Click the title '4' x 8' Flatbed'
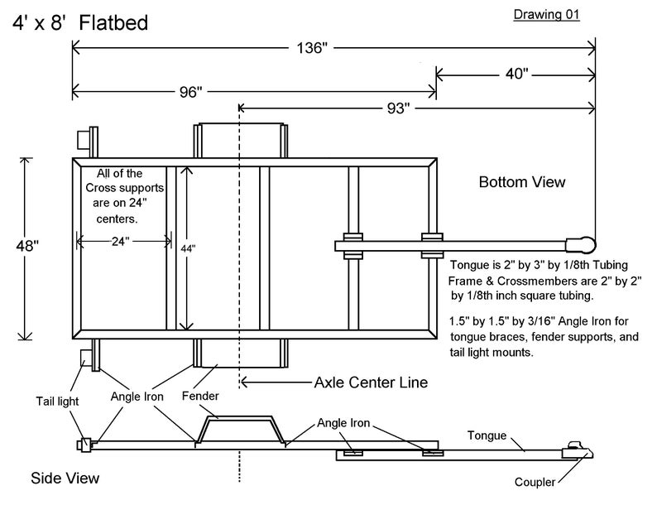tap(79, 23)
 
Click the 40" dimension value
tap(515, 75)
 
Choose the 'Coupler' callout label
tap(534, 483)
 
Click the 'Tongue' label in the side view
tap(487, 435)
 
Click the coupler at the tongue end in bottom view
tap(580, 244)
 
